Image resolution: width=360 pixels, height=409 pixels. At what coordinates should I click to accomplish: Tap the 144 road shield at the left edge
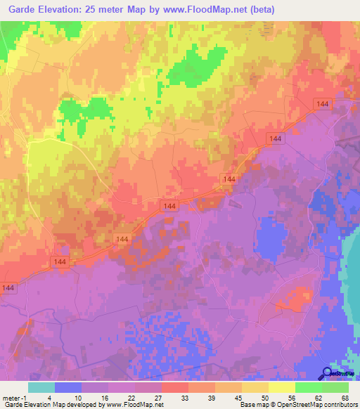(9, 288)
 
